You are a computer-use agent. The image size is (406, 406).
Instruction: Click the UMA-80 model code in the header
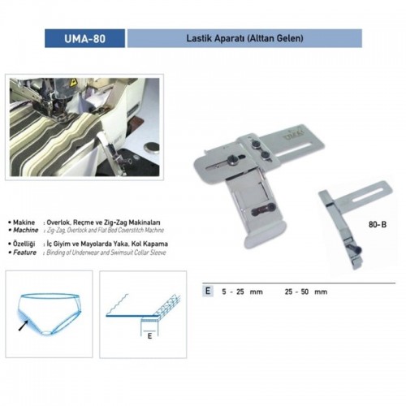(84, 39)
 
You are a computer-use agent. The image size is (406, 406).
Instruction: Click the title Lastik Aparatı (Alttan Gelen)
(244, 38)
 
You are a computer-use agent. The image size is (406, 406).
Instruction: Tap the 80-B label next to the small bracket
(378, 224)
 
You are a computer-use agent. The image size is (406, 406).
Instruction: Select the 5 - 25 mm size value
(242, 292)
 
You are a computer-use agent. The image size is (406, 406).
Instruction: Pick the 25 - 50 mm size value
(306, 292)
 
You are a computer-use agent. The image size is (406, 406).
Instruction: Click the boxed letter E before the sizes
(208, 291)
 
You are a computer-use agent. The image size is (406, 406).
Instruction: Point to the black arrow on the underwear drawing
(24, 325)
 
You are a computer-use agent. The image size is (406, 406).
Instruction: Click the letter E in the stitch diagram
(149, 336)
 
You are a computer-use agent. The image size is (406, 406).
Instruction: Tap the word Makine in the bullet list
(24, 222)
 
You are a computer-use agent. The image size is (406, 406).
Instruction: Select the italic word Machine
(26, 230)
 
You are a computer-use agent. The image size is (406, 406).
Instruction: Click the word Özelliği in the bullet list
(24, 244)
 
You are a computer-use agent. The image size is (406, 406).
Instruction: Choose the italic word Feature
(24, 253)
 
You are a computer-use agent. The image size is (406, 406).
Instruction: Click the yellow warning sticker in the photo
(72, 83)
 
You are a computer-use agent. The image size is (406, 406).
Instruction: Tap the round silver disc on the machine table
(151, 148)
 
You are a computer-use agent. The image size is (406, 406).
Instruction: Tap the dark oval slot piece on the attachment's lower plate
(263, 210)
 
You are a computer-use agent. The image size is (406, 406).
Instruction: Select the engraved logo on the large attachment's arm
(293, 133)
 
